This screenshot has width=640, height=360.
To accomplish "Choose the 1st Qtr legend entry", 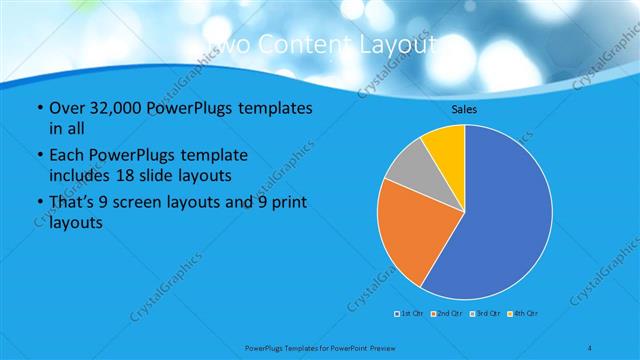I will [x=410, y=314].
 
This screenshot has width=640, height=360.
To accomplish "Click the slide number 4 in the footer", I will [x=591, y=348].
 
